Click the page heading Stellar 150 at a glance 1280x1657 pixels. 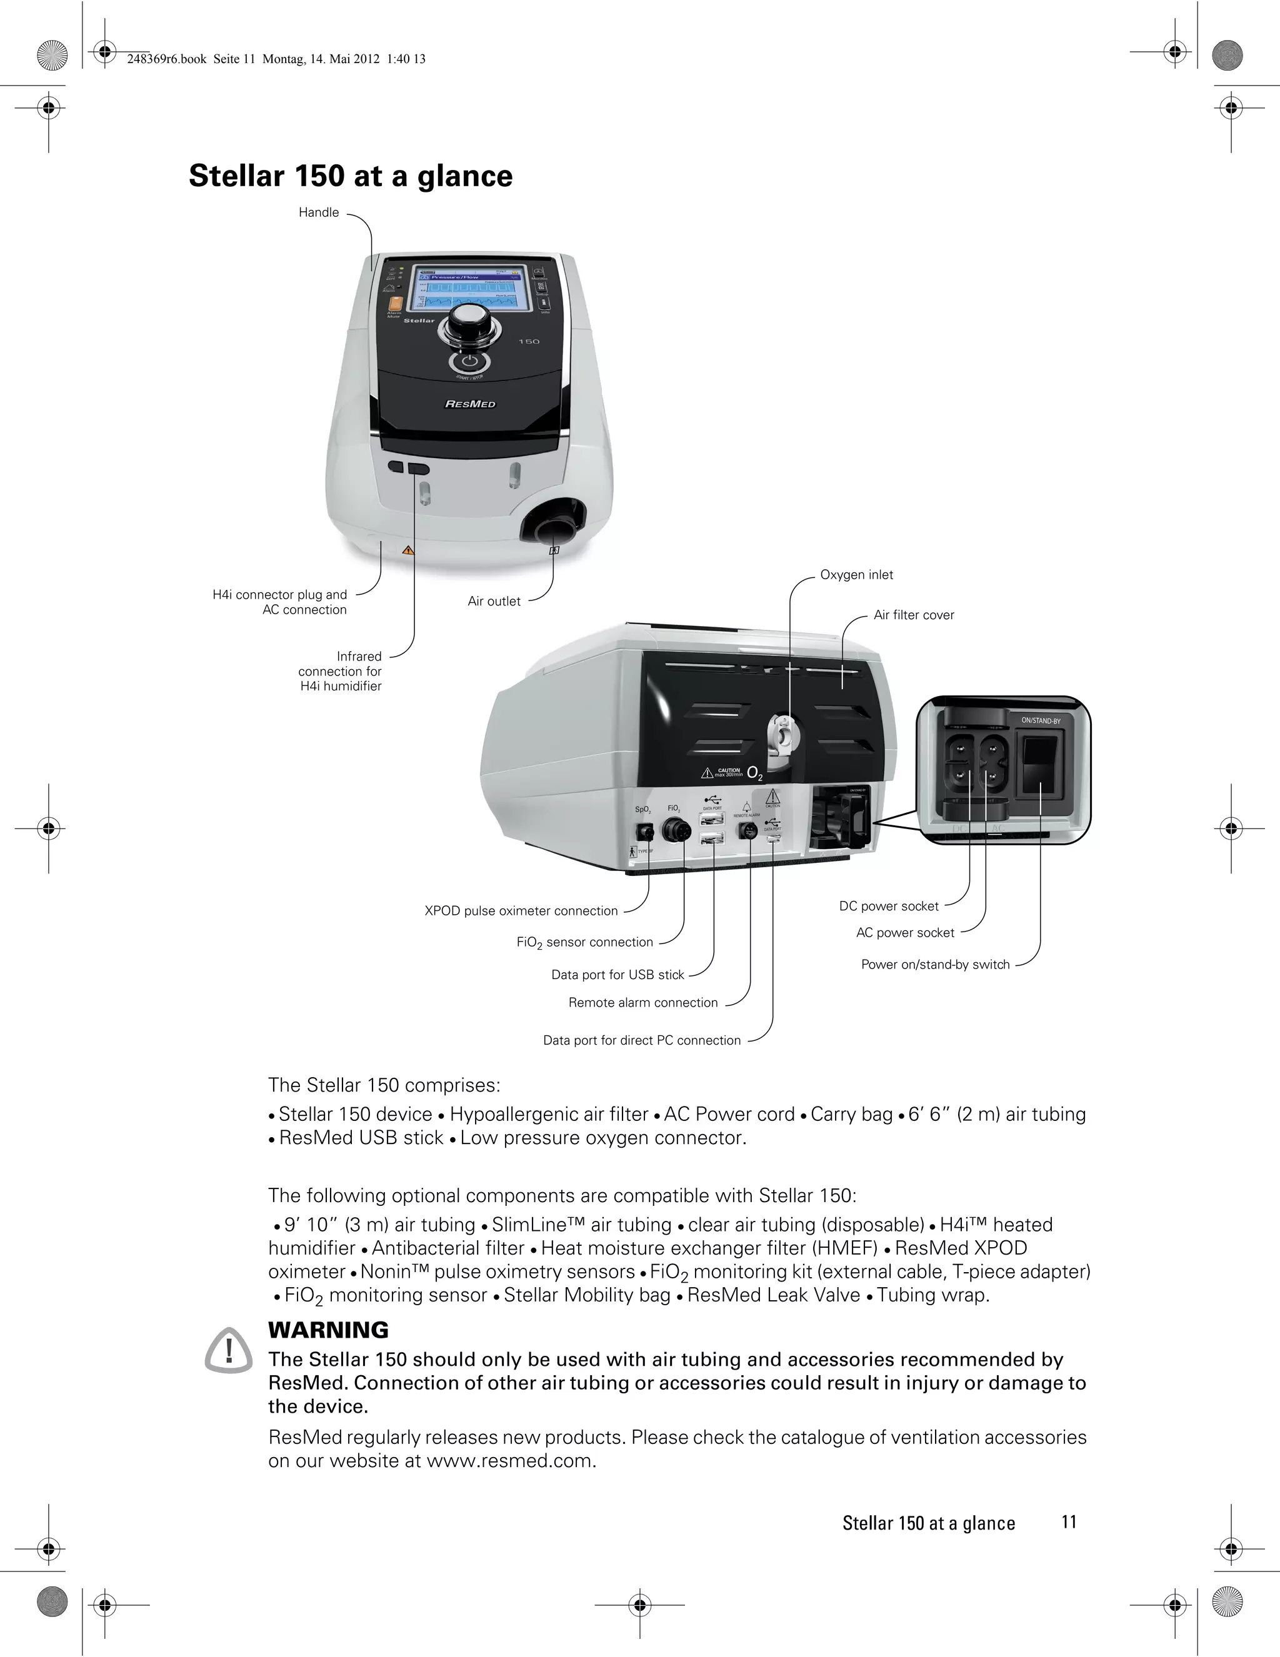coord(351,176)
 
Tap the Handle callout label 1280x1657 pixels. coord(319,212)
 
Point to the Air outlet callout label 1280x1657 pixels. coord(494,602)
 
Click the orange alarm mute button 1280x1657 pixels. coord(394,301)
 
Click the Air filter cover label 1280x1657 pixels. coord(914,615)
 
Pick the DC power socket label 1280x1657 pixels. coord(889,907)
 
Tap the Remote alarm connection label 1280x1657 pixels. coord(642,1003)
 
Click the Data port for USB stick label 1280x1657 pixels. coord(617,975)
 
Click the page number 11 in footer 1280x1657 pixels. coord(1068,1522)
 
